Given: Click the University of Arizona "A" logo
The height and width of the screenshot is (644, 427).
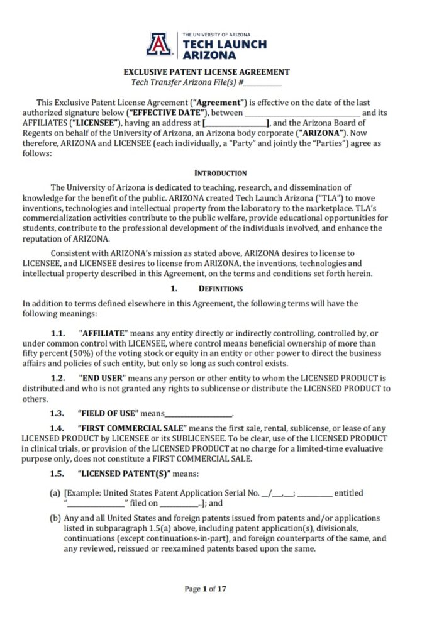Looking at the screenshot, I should tap(158, 44).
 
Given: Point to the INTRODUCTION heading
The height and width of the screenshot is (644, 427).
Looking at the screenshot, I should tap(220, 173).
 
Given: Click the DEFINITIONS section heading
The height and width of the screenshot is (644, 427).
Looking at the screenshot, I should tap(220, 289).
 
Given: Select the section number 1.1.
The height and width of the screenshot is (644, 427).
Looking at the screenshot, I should tap(58, 333).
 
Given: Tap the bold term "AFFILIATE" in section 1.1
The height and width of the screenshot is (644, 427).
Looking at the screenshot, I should tap(104, 333).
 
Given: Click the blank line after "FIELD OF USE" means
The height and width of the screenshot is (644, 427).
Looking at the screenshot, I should tap(198, 414).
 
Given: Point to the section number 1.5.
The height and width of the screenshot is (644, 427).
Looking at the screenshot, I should tap(58, 474).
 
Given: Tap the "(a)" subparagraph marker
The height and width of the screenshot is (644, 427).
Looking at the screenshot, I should tap(55, 493).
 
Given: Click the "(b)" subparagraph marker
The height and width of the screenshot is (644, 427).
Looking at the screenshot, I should tap(55, 518).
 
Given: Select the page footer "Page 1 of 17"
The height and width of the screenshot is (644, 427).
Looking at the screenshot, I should tap(205, 589).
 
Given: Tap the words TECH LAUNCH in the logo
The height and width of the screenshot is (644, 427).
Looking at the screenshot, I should tap(223, 44).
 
